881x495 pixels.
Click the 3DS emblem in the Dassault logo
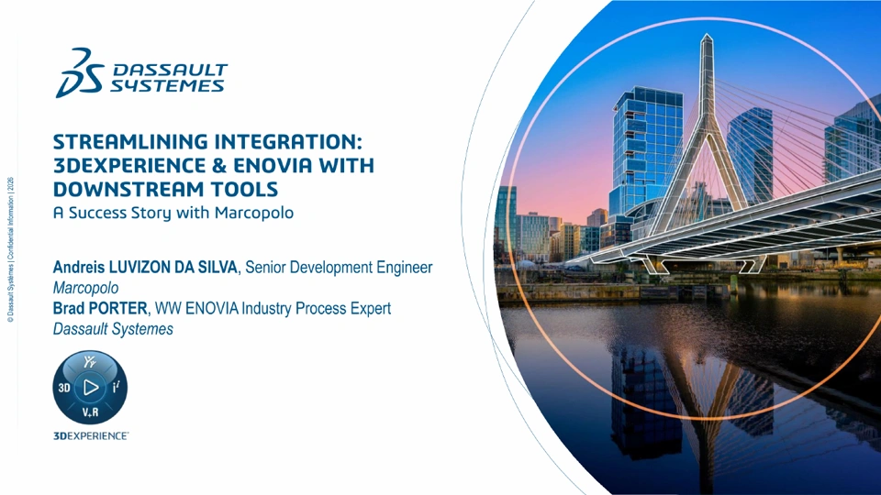pyautogui.click(x=80, y=73)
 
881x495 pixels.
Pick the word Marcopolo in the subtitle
pyautogui.click(x=254, y=213)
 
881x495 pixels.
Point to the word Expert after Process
pyautogui.click(x=371, y=308)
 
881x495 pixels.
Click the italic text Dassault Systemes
pyautogui.click(x=113, y=329)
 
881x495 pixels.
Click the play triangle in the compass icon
pyautogui.click(x=91, y=387)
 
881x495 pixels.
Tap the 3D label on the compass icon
pyautogui.click(x=64, y=388)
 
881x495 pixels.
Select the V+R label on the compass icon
pyautogui.click(x=91, y=412)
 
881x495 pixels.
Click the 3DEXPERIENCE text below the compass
pyautogui.click(x=91, y=436)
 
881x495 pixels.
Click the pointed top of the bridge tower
pyautogui.click(x=707, y=35)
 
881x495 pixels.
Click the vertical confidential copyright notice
pyautogui.click(x=10, y=249)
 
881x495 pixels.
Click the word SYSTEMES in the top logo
pyautogui.click(x=167, y=86)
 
